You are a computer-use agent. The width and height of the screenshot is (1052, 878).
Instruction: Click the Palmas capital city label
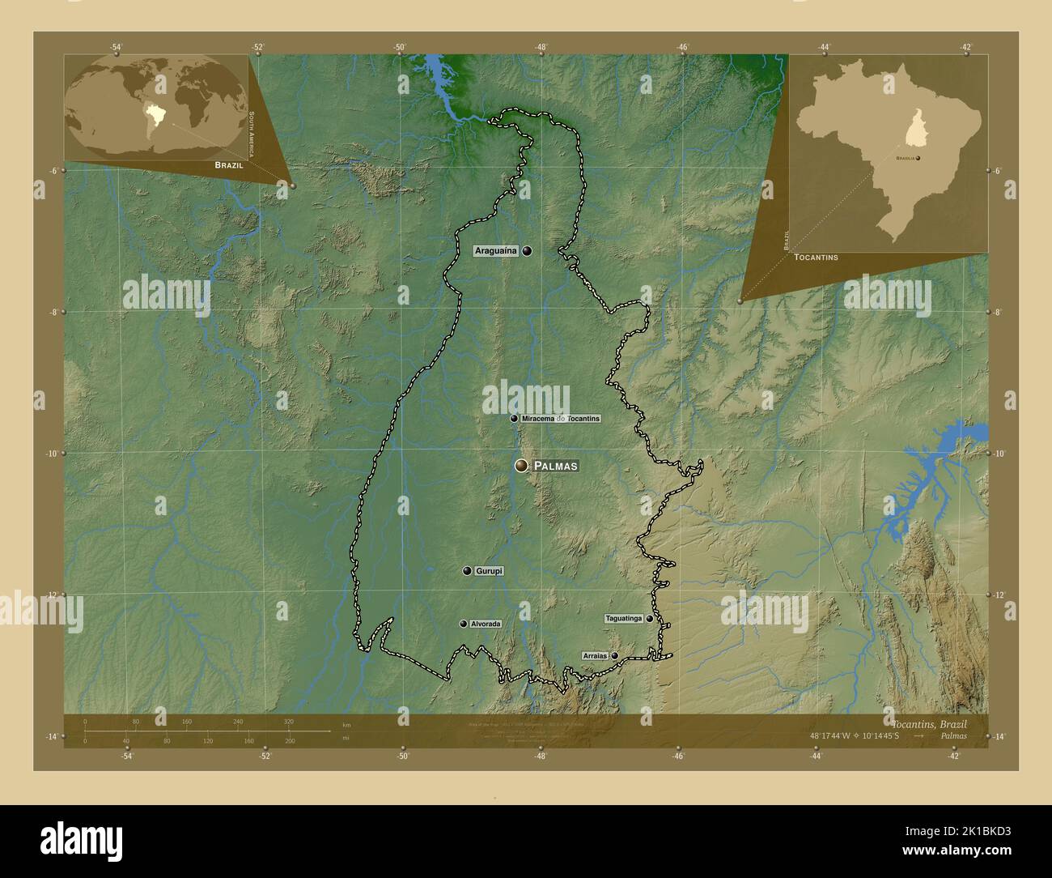556,466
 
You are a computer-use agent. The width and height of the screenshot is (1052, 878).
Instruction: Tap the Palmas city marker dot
522,465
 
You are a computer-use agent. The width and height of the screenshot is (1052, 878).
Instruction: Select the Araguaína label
496,251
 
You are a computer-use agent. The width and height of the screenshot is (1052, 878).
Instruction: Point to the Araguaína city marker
528,251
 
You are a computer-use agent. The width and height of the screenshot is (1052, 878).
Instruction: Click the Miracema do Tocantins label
561,419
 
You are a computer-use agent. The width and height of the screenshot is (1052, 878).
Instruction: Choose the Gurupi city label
490,571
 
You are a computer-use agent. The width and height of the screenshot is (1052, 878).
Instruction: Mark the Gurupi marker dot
467,571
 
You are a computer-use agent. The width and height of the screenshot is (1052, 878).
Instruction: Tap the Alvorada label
486,624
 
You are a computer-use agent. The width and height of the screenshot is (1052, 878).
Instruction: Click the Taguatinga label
624,619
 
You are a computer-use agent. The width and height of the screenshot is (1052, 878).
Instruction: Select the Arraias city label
595,656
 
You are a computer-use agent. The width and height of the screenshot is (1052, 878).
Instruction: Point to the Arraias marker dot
615,656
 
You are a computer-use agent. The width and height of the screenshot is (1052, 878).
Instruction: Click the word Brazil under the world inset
229,164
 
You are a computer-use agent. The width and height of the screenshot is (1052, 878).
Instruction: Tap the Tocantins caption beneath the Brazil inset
816,257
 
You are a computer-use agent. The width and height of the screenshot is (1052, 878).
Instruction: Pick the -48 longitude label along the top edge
541,47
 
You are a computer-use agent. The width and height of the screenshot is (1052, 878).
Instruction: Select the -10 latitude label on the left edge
50,454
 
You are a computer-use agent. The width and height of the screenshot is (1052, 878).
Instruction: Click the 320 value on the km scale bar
288,722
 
